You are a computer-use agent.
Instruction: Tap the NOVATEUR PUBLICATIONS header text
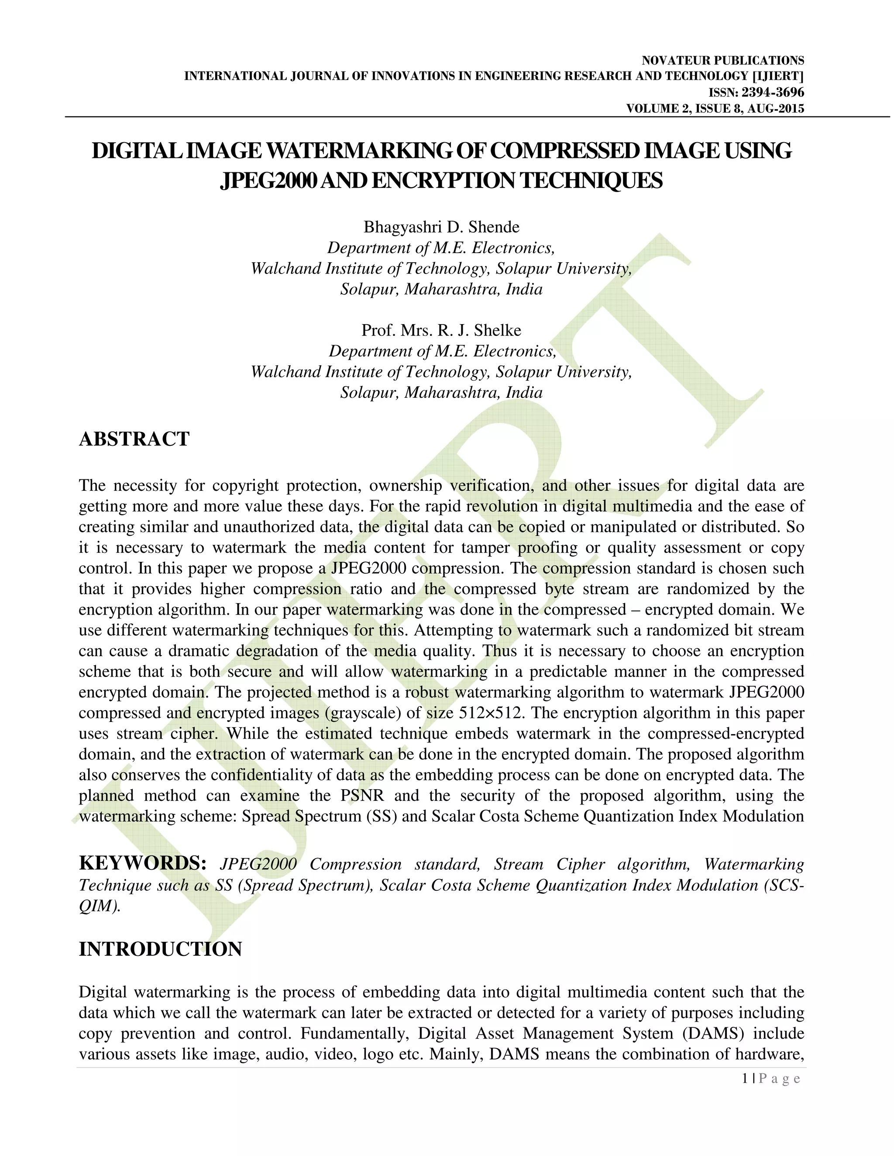723,60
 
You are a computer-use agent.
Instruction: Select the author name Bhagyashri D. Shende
441,227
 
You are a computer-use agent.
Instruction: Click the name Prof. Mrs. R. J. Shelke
441,330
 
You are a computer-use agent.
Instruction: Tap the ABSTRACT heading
134,439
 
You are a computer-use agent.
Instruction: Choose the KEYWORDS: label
142,863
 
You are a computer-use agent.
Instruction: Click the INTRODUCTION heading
160,949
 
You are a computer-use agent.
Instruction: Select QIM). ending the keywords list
100,906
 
